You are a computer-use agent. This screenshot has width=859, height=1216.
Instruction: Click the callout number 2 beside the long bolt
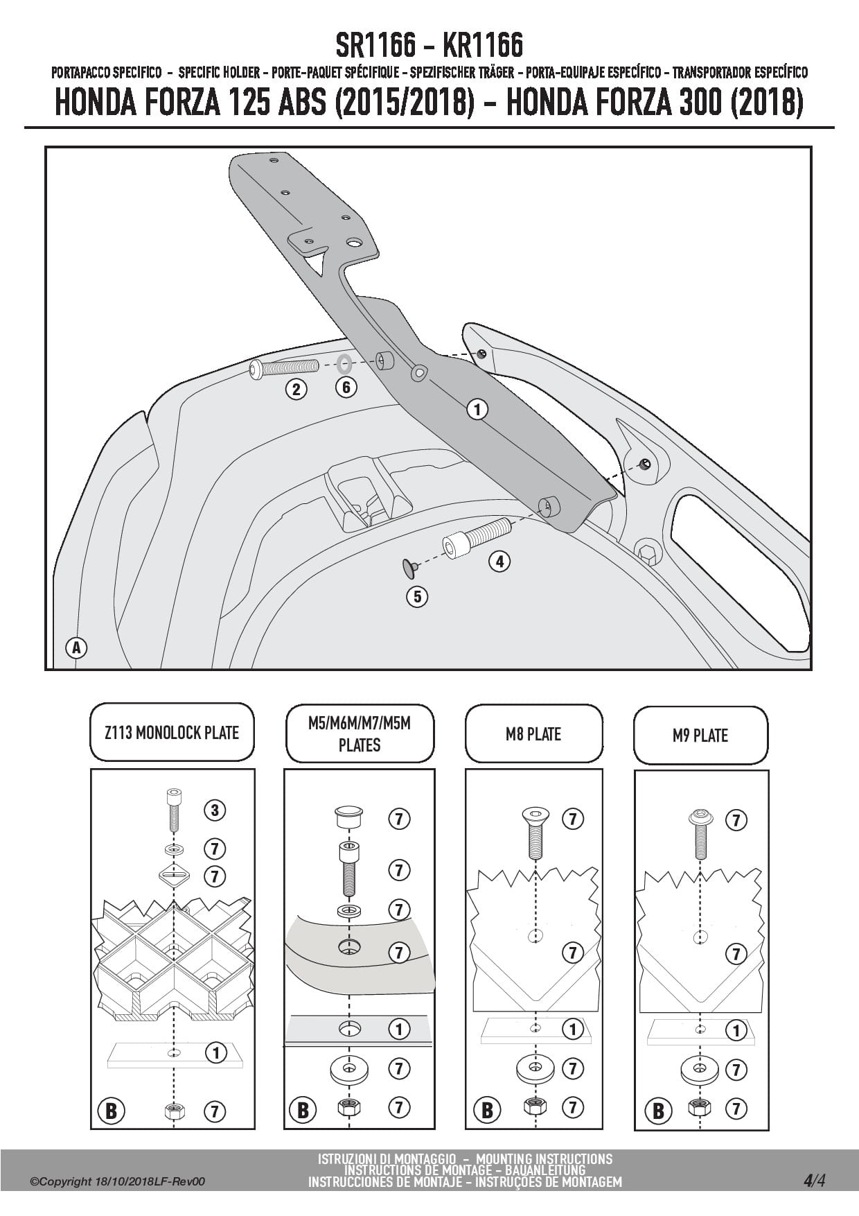(x=296, y=389)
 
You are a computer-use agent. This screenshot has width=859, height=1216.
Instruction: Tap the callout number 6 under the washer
(x=346, y=387)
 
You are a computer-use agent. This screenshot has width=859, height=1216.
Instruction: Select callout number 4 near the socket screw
(x=499, y=561)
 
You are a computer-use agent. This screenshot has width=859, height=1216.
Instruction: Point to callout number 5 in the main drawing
(x=417, y=596)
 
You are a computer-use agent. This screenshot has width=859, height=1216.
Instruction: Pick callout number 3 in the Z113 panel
(x=215, y=810)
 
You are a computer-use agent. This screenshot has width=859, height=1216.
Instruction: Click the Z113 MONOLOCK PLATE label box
(x=172, y=733)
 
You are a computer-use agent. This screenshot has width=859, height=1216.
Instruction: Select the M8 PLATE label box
(x=533, y=734)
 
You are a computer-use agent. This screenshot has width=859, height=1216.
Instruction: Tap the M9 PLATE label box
(x=700, y=736)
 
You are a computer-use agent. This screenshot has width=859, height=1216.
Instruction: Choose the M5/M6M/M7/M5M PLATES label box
(x=360, y=734)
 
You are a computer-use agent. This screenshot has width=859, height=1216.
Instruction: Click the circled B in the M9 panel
(x=658, y=1111)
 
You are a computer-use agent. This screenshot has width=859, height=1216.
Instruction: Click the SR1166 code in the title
(x=375, y=46)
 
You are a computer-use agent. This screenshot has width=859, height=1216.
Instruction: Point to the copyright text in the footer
(x=118, y=1181)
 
